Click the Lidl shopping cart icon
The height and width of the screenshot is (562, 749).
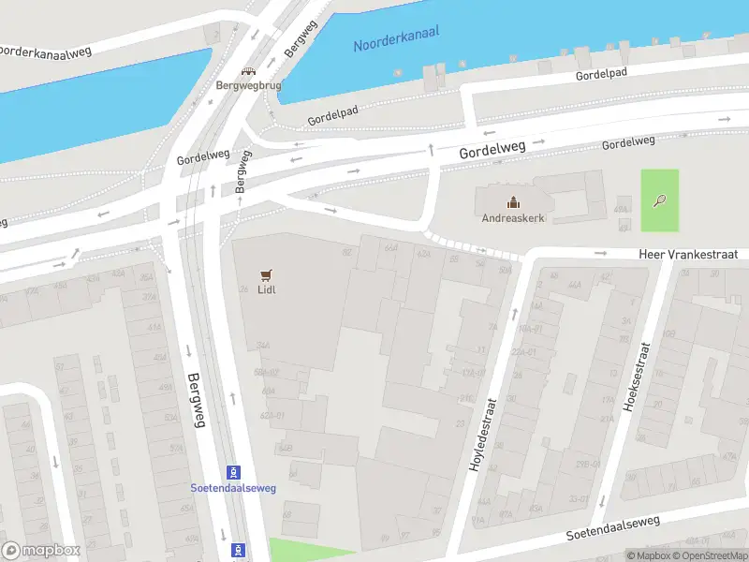(267, 274)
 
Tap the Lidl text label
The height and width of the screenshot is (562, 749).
(267, 289)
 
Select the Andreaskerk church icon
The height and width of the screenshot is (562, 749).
(513, 202)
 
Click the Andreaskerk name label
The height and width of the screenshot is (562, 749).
(513, 218)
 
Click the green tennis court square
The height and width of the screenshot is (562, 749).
(660, 200)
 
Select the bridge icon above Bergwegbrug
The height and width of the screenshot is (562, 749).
(248, 71)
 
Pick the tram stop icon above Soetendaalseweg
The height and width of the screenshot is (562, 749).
(235, 472)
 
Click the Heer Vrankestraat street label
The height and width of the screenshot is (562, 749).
(688, 254)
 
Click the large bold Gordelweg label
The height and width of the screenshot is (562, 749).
(492, 147)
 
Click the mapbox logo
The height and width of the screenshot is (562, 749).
(40, 550)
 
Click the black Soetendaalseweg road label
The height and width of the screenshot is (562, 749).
(613, 528)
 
